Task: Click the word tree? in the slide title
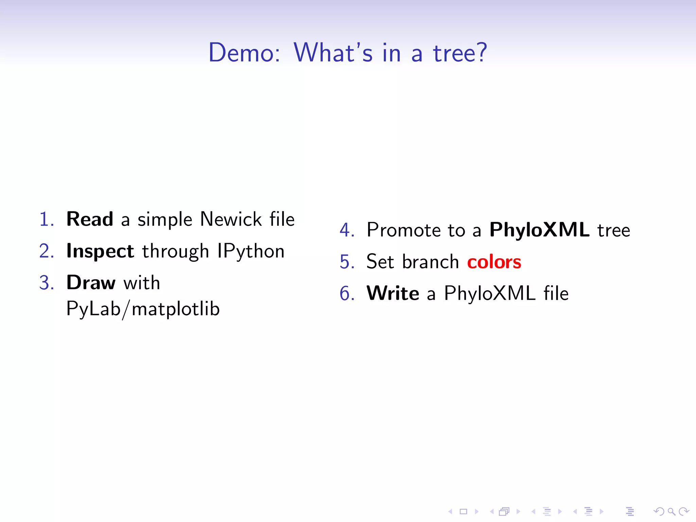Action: (x=460, y=53)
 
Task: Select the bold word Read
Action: (x=90, y=219)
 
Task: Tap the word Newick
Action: (x=231, y=219)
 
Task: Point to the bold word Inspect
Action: (x=100, y=251)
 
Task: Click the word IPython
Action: (x=250, y=251)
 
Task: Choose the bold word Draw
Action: (x=91, y=282)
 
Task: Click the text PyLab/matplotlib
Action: (x=143, y=309)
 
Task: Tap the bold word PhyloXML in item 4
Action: (x=539, y=230)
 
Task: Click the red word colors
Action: (x=494, y=262)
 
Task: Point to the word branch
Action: (x=430, y=262)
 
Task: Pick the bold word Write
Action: (x=393, y=293)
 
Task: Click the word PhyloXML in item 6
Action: (x=490, y=293)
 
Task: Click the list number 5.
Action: (x=346, y=262)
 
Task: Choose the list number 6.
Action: (x=346, y=293)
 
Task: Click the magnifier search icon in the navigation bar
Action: (x=671, y=511)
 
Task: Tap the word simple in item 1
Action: (x=165, y=220)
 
